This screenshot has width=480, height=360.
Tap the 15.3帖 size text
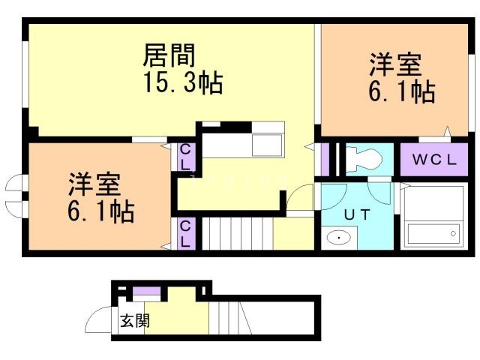(x=183, y=82)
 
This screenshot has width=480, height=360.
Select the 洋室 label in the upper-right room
(x=394, y=64)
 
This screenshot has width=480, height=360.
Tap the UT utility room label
(x=357, y=214)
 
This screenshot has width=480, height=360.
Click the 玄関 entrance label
(x=134, y=321)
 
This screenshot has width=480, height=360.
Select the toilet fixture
(x=365, y=158)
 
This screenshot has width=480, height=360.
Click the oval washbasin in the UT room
(x=339, y=238)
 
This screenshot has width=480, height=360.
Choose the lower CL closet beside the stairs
(x=185, y=233)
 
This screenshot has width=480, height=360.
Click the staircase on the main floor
(x=237, y=234)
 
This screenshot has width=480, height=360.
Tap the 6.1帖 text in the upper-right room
(x=402, y=92)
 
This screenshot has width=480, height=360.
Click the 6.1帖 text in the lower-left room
(x=100, y=212)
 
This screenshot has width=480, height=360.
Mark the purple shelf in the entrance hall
(x=148, y=292)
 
